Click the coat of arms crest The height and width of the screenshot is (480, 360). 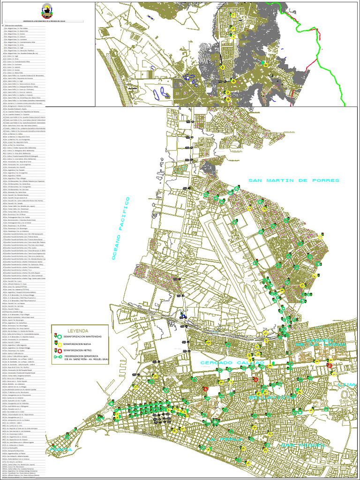(47, 9)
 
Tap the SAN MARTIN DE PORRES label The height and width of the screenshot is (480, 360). (293, 180)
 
